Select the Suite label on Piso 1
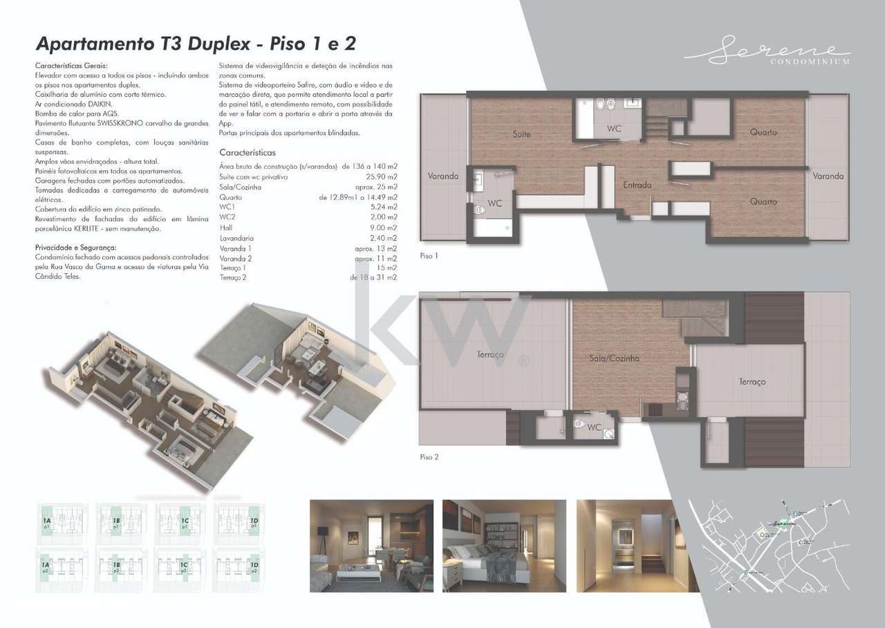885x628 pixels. pyautogui.click(x=521, y=134)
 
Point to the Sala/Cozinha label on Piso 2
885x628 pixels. pyautogui.click(x=614, y=358)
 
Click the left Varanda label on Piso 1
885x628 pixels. pyautogui.click(x=442, y=176)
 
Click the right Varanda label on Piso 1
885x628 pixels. pyautogui.click(x=828, y=176)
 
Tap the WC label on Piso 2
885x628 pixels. pyautogui.click(x=594, y=427)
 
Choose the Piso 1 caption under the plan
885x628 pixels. pyautogui.click(x=429, y=256)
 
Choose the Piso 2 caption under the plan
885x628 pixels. pyautogui.click(x=429, y=457)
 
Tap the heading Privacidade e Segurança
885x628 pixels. pyautogui.click(x=75, y=247)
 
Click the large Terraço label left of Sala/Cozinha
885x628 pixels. pyautogui.click(x=490, y=354)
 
